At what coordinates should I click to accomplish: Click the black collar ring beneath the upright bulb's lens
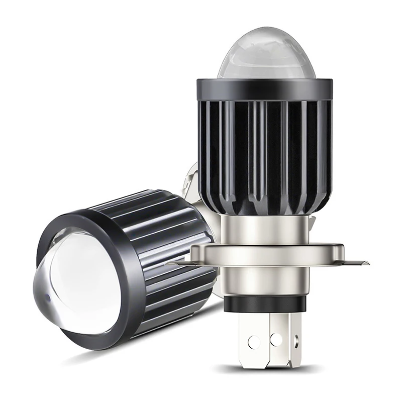(263, 89)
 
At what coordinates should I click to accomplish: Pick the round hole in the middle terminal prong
(275, 338)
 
